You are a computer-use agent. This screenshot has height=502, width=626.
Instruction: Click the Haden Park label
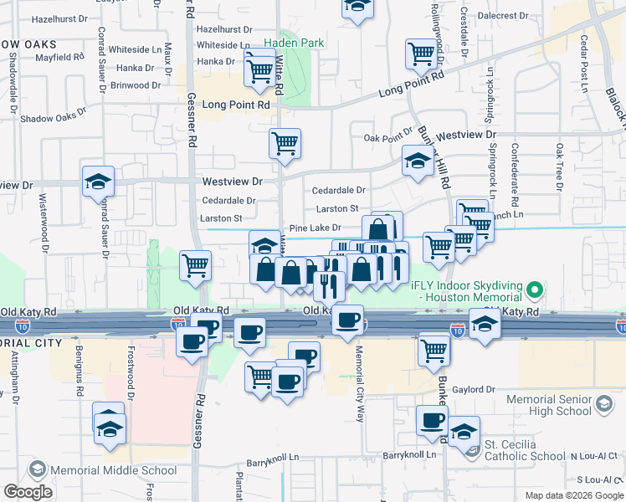pos(290,43)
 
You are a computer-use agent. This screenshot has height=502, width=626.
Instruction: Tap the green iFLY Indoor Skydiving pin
pos(536,292)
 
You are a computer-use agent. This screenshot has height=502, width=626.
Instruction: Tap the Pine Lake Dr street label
pos(315,228)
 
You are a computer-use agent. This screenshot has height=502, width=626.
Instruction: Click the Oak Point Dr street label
pos(389,138)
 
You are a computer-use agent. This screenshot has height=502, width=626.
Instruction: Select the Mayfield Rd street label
pos(60,58)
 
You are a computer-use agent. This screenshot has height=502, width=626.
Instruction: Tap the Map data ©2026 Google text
pos(573,495)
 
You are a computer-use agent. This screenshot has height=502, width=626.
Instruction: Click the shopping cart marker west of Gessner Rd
pos(195,265)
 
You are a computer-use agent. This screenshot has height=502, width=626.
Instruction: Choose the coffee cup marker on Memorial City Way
pos(347,319)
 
